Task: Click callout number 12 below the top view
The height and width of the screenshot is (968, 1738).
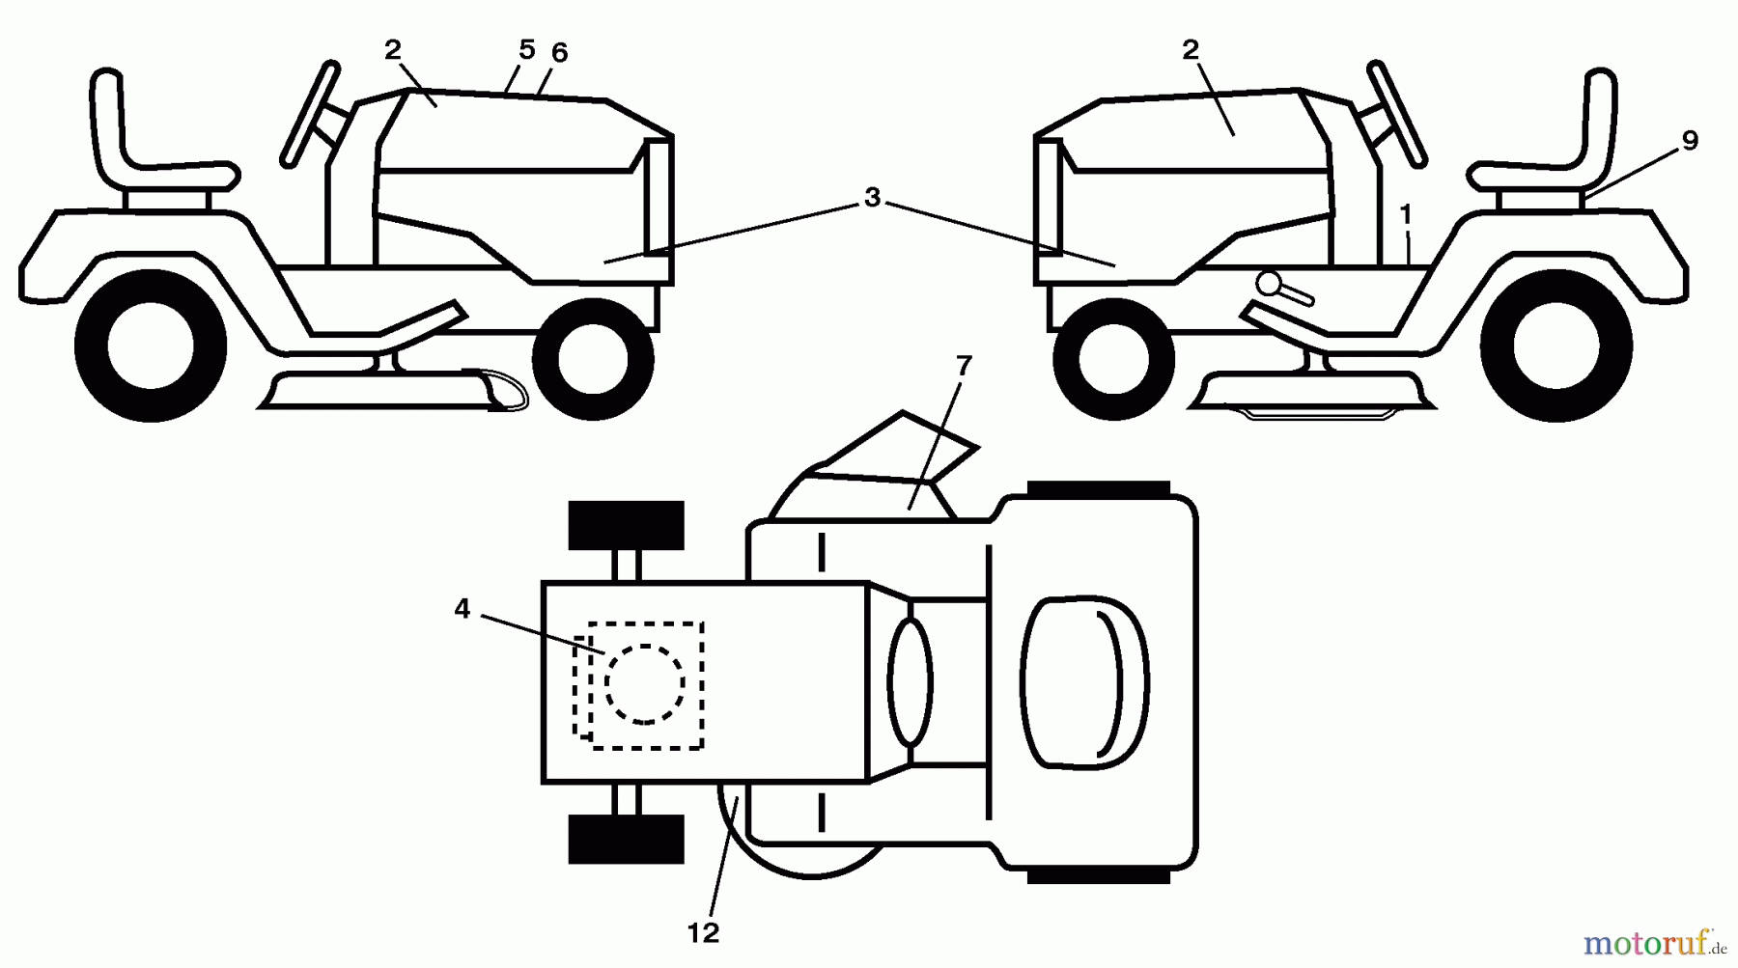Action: pyautogui.click(x=703, y=933)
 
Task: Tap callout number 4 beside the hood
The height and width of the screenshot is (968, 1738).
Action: pyautogui.click(x=462, y=610)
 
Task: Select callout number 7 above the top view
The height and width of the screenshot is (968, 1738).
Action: pyautogui.click(x=963, y=367)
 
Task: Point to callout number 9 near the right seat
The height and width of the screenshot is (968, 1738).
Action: pyautogui.click(x=1689, y=141)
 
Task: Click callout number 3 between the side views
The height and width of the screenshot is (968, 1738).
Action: pyautogui.click(x=872, y=199)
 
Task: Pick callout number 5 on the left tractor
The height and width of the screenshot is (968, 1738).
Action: pyautogui.click(x=526, y=50)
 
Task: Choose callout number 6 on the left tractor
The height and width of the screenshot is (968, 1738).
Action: pyautogui.click(x=559, y=54)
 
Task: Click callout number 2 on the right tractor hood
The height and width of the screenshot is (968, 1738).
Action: pyautogui.click(x=1191, y=50)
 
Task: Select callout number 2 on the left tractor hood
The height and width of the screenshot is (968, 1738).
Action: pyautogui.click(x=392, y=50)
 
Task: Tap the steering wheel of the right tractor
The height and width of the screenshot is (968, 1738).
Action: pyautogui.click(x=1396, y=113)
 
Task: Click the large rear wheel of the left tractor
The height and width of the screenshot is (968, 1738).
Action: pyautogui.click(x=150, y=346)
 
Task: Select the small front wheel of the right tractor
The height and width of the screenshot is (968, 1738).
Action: pyautogui.click(x=1113, y=358)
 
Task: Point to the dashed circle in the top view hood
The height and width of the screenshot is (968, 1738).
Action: pyautogui.click(x=645, y=683)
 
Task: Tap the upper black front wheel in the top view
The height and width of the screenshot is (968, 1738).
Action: pyautogui.click(x=626, y=526)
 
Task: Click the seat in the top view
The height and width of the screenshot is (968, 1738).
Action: pyautogui.click(x=1084, y=682)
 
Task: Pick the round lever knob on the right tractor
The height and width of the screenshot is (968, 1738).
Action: pyautogui.click(x=1270, y=283)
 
